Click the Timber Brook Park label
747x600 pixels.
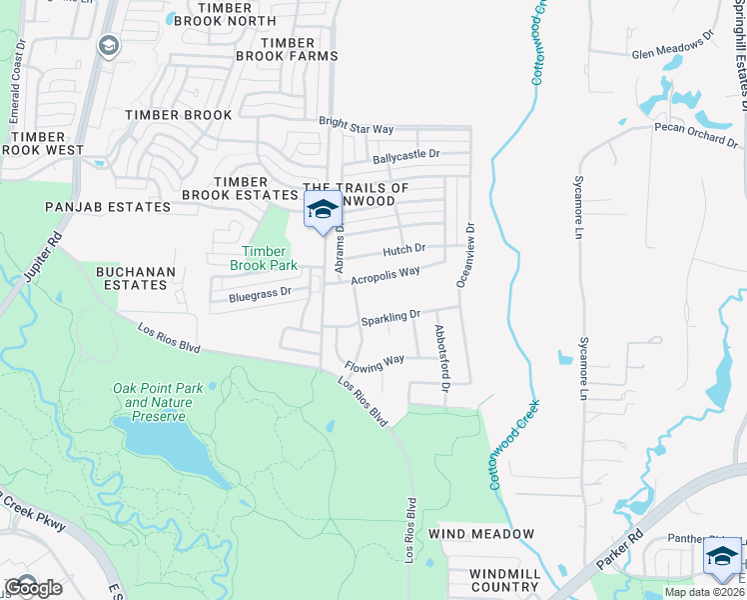tap(264, 258)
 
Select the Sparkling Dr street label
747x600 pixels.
tap(390, 318)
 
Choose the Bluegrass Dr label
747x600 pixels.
tap(259, 294)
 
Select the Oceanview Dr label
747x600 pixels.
tap(466, 254)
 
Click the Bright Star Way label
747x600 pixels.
tap(357, 126)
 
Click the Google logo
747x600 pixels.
tap(32, 587)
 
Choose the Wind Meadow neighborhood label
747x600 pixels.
tap(481, 534)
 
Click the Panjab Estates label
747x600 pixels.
tap(108, 207)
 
